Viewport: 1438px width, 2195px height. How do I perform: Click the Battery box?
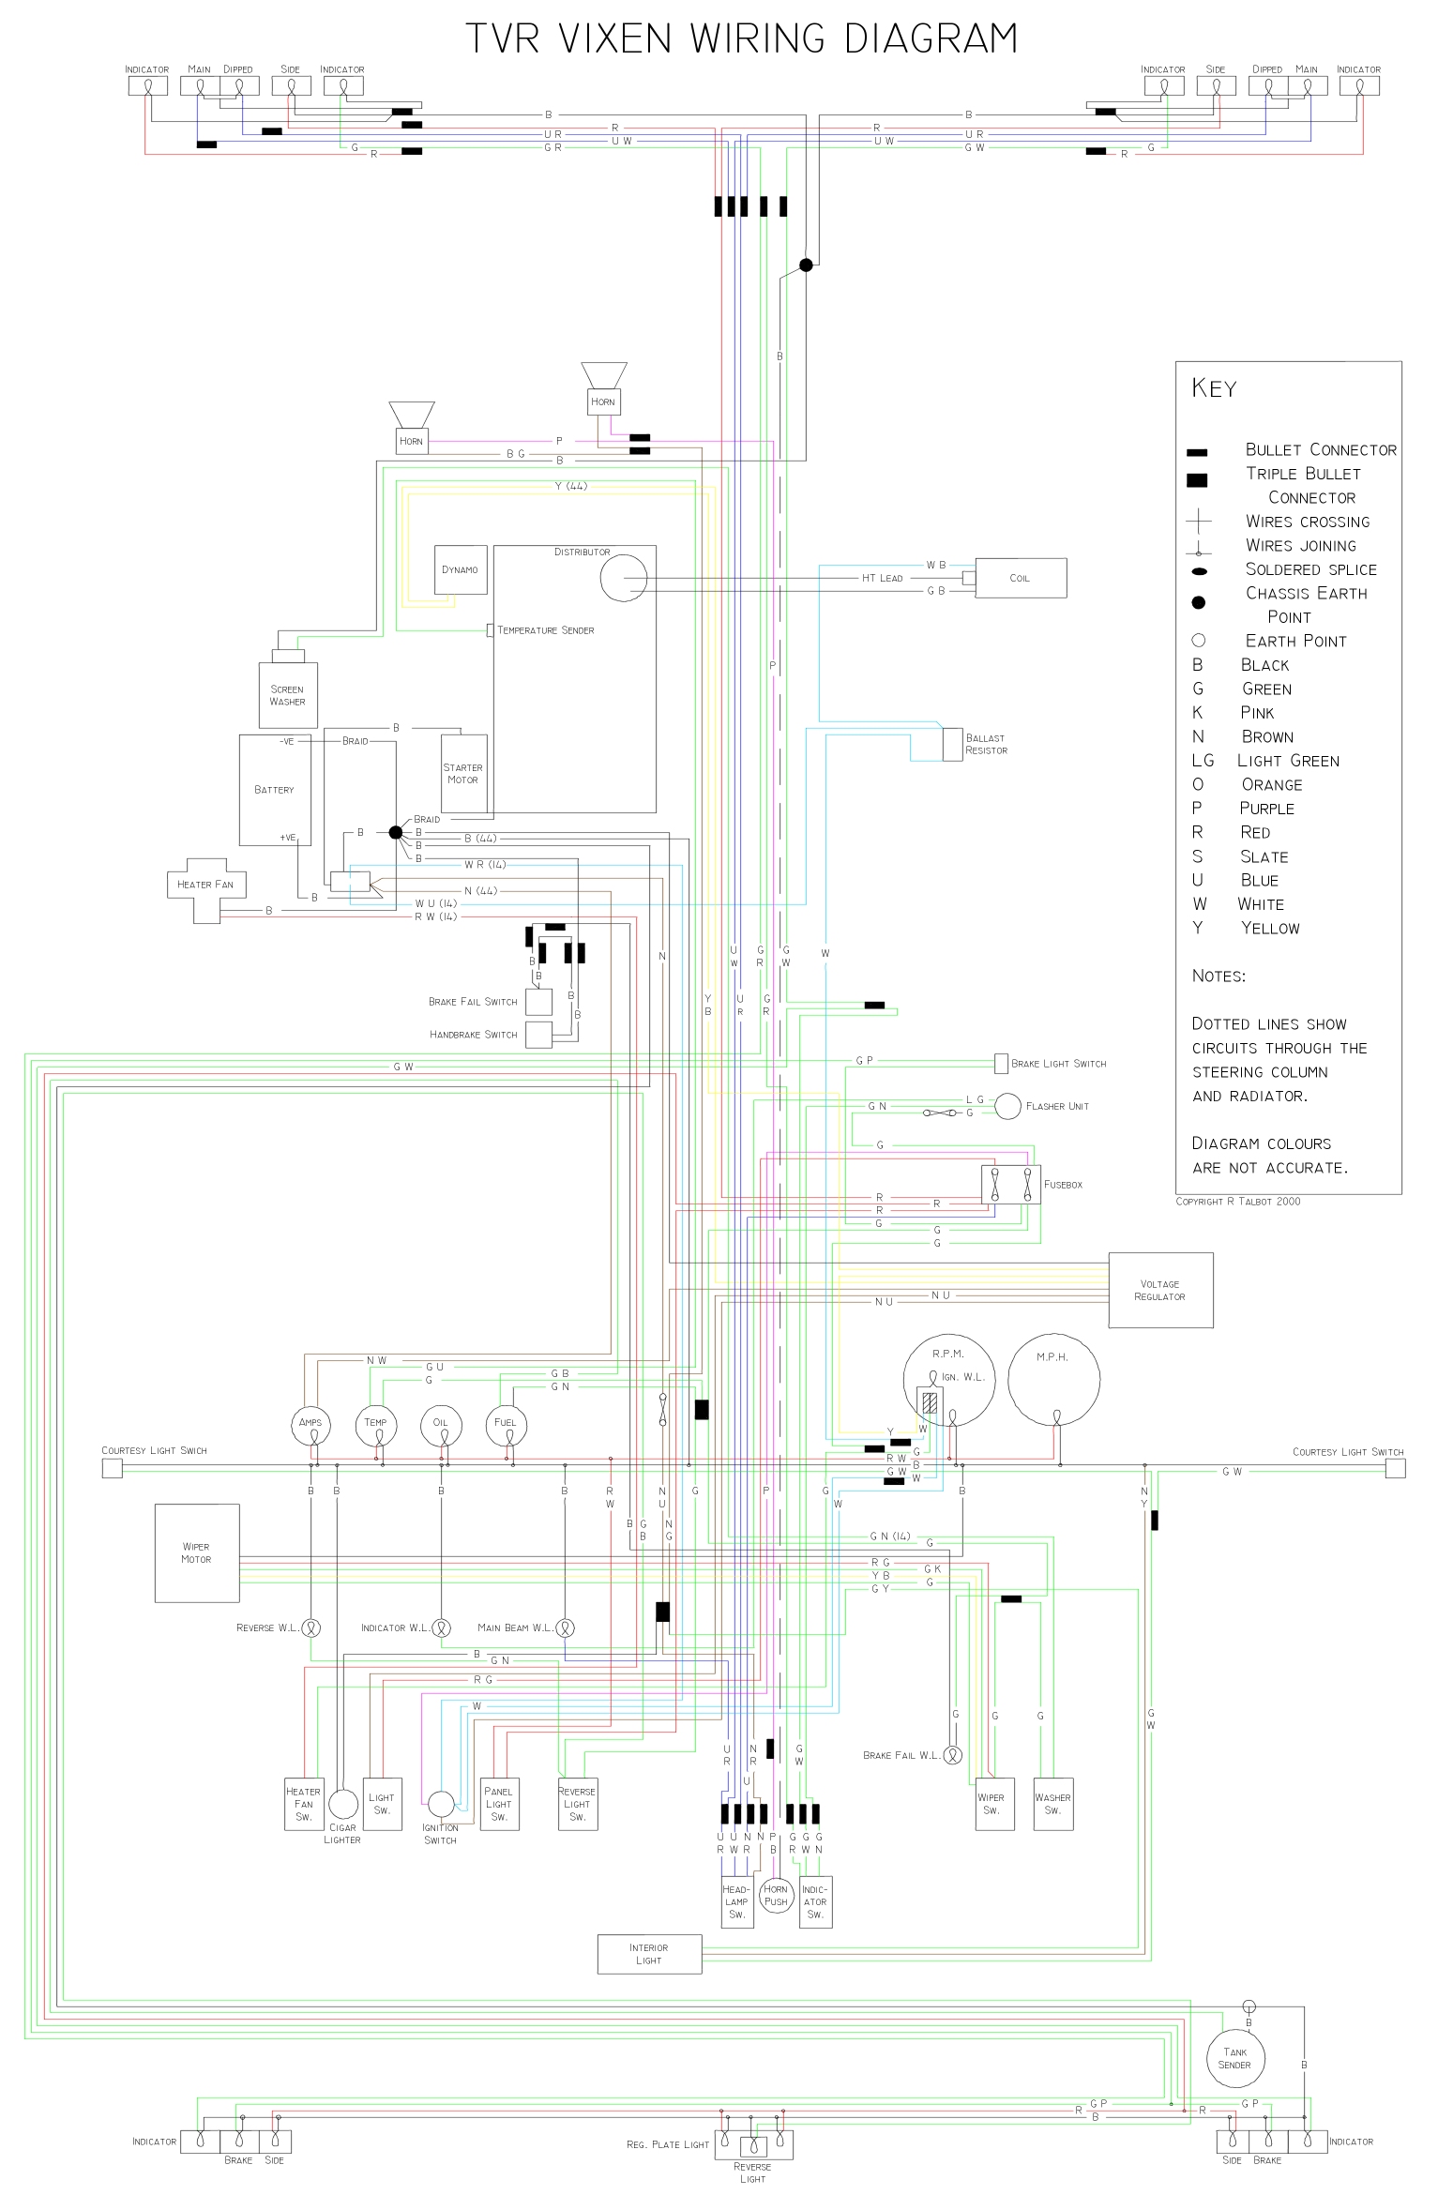click(274, 790)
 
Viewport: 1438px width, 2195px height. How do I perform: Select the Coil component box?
click(1020, 578)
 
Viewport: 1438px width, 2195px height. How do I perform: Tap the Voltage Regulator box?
click(1160, 1290)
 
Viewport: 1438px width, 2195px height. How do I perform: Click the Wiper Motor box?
click(197, 1552)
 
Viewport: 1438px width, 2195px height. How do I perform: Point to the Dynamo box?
click(461, 569)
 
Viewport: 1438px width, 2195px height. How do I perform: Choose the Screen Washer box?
click(288, 695)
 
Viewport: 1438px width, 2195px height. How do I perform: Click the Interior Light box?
click(649, 1954)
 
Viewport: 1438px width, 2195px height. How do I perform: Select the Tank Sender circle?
click(1234, 2058)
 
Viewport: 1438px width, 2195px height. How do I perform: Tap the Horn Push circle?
click(776, 1895)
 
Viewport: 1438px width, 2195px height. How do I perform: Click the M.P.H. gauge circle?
click(1053, 1378)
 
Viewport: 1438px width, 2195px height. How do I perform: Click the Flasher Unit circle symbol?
click(1007, 1106)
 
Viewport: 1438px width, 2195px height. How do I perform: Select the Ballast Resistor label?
click(986, 744)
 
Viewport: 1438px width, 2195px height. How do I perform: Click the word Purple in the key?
click(1266, 809)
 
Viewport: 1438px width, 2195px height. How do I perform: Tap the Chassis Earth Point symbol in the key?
click(1198, 602)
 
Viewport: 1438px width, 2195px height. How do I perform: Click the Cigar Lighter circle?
click(342, 1803)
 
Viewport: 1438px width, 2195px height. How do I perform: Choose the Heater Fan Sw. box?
click(303, 1803)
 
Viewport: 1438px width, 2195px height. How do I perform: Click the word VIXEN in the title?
click(614, 39)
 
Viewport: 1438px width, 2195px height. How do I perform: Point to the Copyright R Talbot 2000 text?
click(1238, 1202)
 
